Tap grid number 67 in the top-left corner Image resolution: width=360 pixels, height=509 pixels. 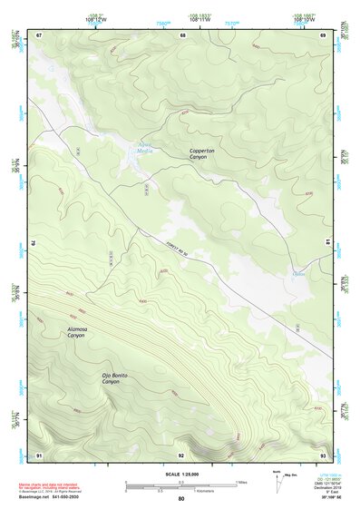[x=39, y=34]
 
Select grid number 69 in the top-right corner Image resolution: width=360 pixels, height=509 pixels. [x=324, y=34]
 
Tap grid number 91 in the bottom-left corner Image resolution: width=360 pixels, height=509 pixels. [x=39, y=454]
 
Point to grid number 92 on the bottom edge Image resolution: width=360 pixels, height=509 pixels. [x=181, y=454]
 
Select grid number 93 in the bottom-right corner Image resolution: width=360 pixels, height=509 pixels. [x=324, y=454]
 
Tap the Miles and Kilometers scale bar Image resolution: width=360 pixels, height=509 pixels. [x=180, y=486]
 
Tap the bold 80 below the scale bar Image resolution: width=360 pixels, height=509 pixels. [x=180, y=500]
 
